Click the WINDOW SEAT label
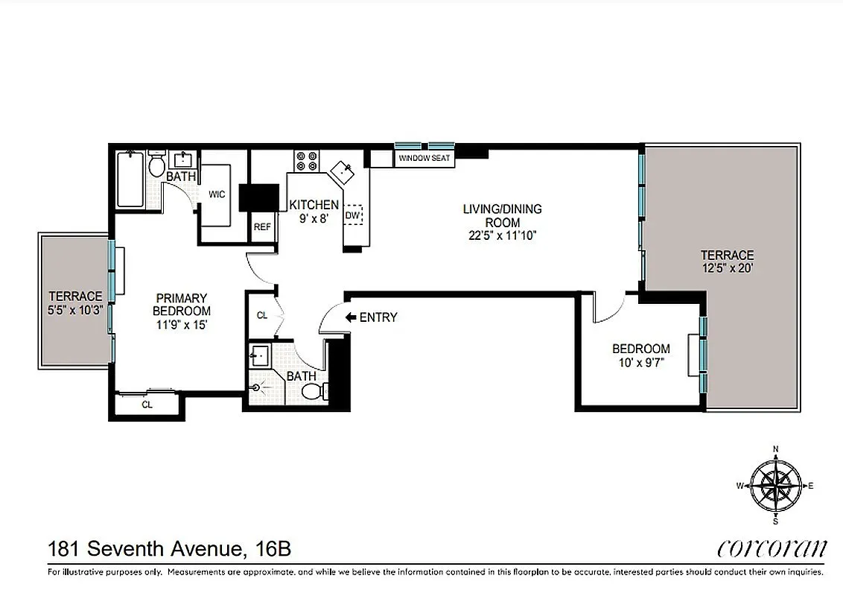point(424,159)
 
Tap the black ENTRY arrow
point(351,317)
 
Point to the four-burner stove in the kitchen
point(306,161)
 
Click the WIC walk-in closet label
point(217,194)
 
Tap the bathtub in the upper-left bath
point(131,179)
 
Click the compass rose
point(776,485)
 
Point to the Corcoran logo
point(772,550)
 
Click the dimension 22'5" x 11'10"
point(499,235)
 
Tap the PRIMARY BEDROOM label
point(181,305)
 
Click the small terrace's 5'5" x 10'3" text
point(75,308)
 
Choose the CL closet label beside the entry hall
point(262,316)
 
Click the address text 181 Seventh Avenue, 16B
point(169,550)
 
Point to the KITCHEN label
point(314,205)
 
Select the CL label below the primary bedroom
point(147,405)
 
